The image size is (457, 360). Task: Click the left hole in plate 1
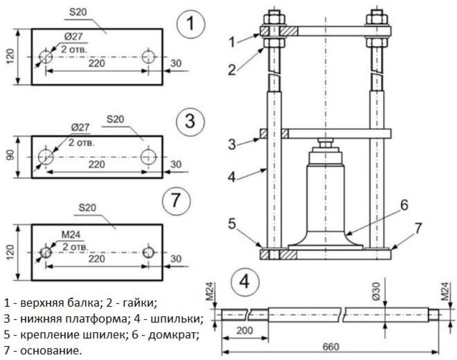(46, 57)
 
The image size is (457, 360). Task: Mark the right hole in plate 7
(149, 253)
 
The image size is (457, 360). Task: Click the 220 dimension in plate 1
(98, 63)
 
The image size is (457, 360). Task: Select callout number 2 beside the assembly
(232, 69)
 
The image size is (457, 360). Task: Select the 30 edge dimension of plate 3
(176, 164)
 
